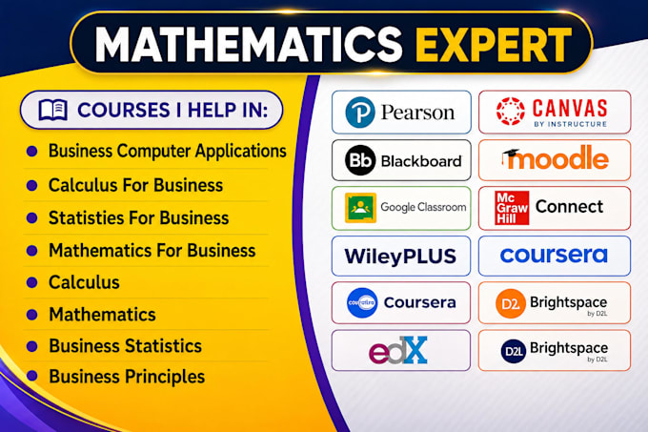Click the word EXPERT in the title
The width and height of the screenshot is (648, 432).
click(494, 45)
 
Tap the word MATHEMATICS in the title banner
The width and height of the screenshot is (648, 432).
click(249, 45)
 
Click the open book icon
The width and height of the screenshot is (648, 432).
click(53, 110)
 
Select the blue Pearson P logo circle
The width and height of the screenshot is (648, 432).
click(360, 112)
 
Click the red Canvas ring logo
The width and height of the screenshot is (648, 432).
click(511, 112)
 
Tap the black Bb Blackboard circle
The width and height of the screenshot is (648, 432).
click(360, 160)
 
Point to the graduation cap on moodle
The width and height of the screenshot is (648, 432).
click(511, 154)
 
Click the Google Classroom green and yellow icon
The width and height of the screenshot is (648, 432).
click(360, 208)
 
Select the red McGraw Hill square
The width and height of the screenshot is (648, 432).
click(512, 208)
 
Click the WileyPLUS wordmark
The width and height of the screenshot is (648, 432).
click(400, 257)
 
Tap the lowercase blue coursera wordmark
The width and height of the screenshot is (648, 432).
click(554, 255)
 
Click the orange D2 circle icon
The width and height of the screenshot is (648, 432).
click(511, 303)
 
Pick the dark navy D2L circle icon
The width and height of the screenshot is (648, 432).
click(514, 351)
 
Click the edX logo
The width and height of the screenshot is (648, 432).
click(398, 350)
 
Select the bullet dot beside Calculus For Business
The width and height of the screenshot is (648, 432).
click(31, 185)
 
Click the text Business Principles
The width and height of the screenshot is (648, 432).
click(127, 377)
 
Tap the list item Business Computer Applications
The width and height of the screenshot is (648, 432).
click(168, 152)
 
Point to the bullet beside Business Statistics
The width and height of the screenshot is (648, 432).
click(31, 346)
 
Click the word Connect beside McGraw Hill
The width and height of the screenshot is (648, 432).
click(569, 206)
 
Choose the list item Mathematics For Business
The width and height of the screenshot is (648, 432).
click(152, 251)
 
